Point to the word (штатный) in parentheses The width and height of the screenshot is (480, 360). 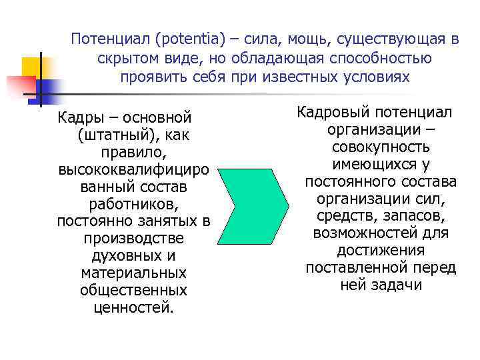pos(113,135)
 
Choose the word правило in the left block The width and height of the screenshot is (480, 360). pos(133,153)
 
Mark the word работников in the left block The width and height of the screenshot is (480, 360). pos(133,204)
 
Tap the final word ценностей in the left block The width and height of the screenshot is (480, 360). pos(133,308)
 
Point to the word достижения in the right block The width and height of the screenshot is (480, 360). pos(381,250)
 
